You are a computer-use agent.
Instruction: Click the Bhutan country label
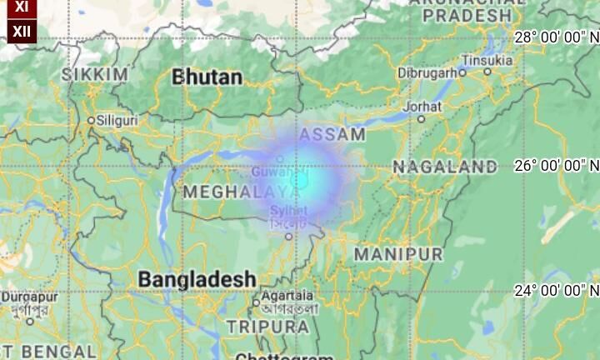(x=207, y=77)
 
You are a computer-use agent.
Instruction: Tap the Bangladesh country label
(x=197, y=279)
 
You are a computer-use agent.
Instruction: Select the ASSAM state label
(x=332, y=134)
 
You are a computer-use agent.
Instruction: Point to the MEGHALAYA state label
(x=229, y=192)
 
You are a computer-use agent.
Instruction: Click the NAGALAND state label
(x=445, y=167)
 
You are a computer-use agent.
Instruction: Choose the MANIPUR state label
(x=398, y=253)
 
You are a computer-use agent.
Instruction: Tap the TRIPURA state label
(x=267, y=327)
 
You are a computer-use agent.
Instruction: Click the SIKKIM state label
(x=95, y=75)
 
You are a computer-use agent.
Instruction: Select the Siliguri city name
(x=117, y=120)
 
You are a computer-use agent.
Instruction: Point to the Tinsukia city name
(x=487, y=60)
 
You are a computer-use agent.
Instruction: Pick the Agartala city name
(x=287, y=296)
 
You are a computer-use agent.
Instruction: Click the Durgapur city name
(x=29, y=296)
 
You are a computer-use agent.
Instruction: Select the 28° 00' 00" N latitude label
(x=557, y=37)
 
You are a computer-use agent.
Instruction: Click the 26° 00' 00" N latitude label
(x=557, y=165)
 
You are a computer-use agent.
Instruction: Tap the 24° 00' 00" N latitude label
(x=557, y=290)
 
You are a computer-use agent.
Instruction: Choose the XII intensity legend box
(x=21, y=32)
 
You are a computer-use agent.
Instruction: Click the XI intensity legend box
(x=21, y=7)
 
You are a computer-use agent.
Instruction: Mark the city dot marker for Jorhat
(x=422, y=119)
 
